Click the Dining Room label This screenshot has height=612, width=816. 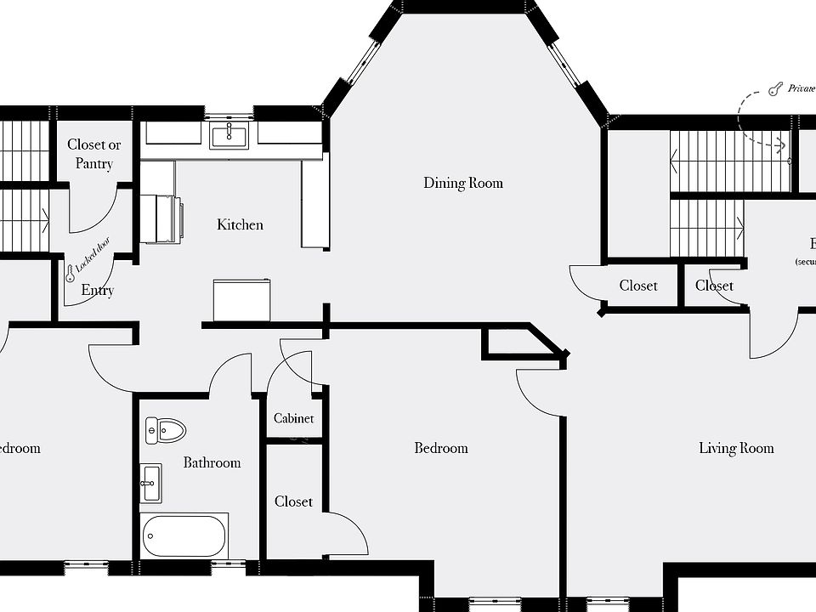pyautogui.click(x=463, y=183)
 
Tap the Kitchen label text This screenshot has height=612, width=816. pyautogui.click(x=240, y=224)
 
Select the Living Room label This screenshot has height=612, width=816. pyautogui.click(x=736, y=448)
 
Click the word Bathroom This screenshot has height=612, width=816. pyautogui.click(x=212, y=462)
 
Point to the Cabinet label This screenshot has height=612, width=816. pyautogui.click(x=293, y=418)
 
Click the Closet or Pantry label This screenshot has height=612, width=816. pyautogui.click(x=93, y=154)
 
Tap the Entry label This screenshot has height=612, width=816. pyautogui.click(x=97, y=291)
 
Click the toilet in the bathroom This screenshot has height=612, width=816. pyautogui.click(x=165, y=430)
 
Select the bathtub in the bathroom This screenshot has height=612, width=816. pyautogui.click(x=184, y=535)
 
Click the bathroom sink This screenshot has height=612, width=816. pyautogui.click(x=151, y=483)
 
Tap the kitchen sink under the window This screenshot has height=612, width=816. pyautogui.click(x=228, y=134)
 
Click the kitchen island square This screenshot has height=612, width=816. pyautogui.click(x=241, y=300)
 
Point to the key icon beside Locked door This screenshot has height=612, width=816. pyautogui.click(x=70, y=273)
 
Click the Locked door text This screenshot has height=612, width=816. pyautogui.click(x=92, y=255)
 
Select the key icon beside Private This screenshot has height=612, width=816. pyautogui.click(x=774, y=88)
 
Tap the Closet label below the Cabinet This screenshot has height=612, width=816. pyautogui.click(x=293, y=501)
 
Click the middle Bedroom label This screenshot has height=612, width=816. pyautogui.click(x=440, y=448)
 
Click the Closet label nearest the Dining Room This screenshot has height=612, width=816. pyautogui.click(x=637, y=286)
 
